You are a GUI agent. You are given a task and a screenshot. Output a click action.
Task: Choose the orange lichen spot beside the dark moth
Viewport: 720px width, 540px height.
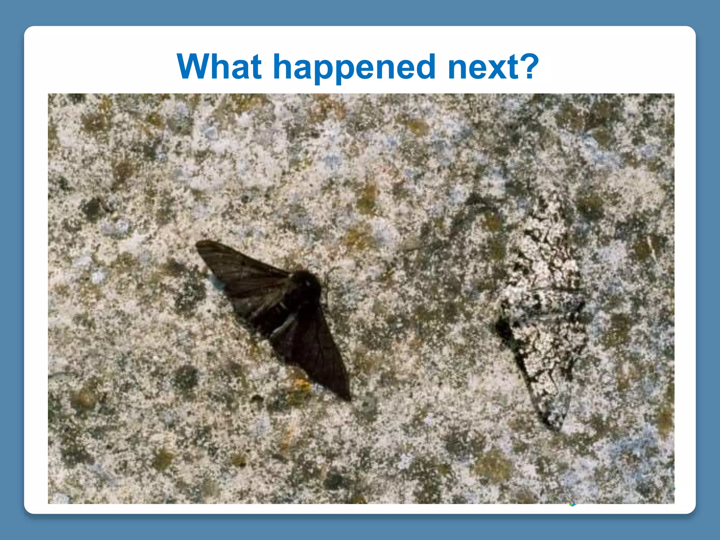(302, 385)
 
